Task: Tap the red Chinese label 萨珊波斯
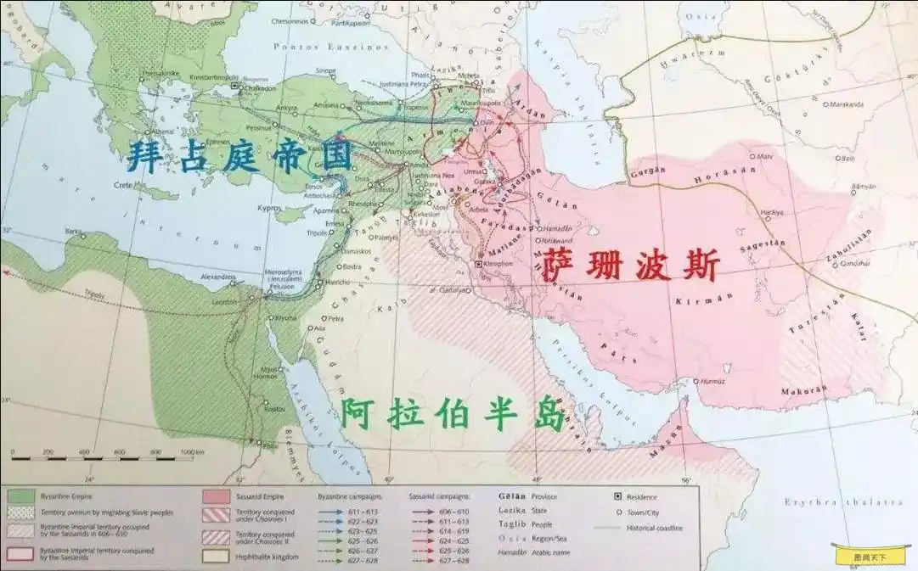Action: point(629,265)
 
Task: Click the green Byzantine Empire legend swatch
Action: point(20,495)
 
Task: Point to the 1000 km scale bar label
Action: point(192,453)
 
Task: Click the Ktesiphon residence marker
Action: point(479,265)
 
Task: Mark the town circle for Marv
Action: point(753,156)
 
